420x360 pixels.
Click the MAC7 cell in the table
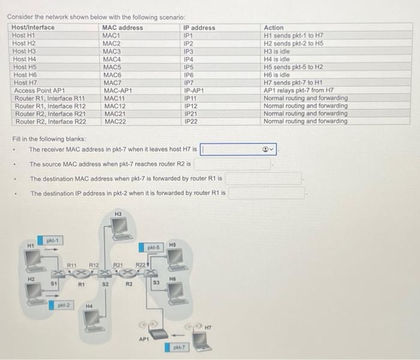pos(112,82)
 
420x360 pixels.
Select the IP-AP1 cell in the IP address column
pos(196,90)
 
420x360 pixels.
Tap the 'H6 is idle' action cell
pos(277,74)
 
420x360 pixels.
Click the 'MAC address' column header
pos(122,28)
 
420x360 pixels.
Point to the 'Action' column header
pos(274,28)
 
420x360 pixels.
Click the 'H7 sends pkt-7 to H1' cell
pos(293,82)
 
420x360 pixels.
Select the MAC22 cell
pos(115,121)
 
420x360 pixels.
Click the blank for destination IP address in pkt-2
pos(267,193)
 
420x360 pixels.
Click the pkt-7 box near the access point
pos(178,347)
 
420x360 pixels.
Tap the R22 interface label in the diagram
pos(140,264)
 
